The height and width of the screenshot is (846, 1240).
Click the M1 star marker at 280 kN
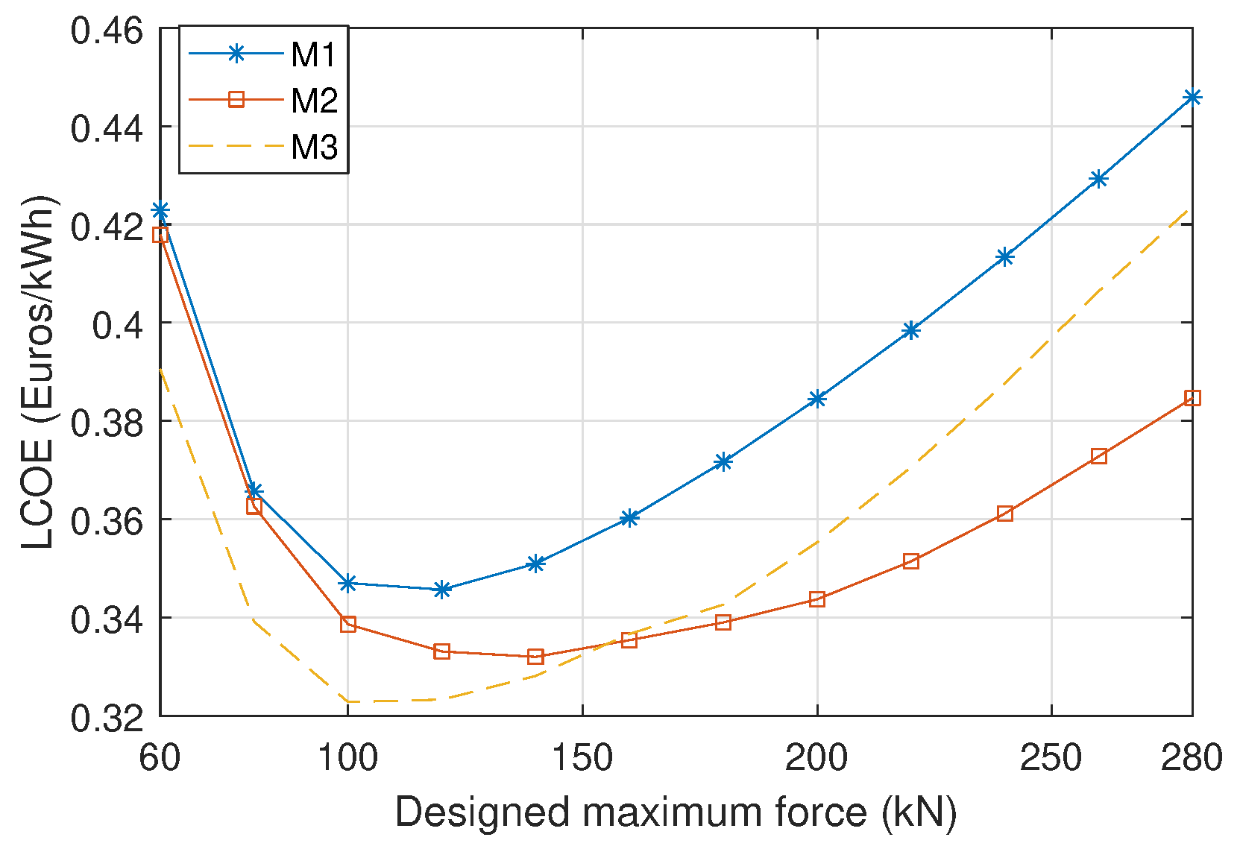(1192, 98)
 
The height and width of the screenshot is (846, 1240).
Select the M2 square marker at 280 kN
(1192, 398)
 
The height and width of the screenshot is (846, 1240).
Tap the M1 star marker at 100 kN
(348, 584)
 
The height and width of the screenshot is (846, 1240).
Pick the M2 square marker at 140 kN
(535, 657)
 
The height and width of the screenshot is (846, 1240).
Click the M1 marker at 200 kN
(817, 399)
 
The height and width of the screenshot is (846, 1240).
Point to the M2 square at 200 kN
(817, 599)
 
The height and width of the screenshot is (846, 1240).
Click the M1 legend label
(314, 54)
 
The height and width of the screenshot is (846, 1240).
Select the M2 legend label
(314, 101)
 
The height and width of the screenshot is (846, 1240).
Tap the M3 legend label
(314, 147)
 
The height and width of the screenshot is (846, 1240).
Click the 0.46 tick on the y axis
(106, 31)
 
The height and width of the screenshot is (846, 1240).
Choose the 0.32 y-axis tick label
(106, 718)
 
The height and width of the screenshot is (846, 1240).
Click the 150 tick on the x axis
(582, 758)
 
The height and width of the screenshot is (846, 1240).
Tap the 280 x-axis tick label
(1191, 758)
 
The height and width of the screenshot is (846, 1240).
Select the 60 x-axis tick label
(160, 758)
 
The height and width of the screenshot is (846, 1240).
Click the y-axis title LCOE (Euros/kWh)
(37, 373)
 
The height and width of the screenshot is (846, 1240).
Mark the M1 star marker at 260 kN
(1098, 179)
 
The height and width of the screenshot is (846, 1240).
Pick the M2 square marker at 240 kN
(1004, 514)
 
